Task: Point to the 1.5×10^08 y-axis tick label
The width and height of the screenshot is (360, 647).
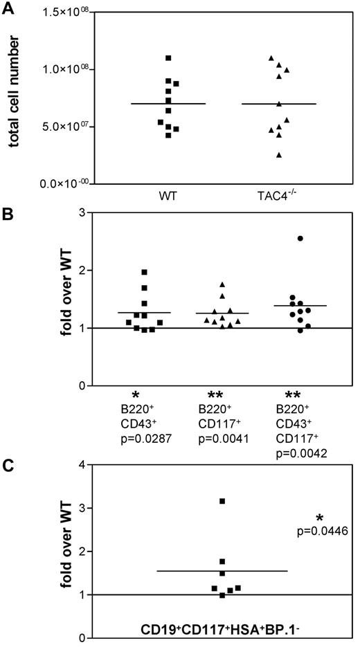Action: [71, 12]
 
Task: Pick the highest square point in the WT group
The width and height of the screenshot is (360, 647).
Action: [168, 57]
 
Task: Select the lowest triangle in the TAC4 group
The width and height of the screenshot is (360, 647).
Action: [279, 155]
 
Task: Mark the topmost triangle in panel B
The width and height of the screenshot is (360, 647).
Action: [222, 284]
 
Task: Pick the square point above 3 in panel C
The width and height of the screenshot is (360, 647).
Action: [222, 501]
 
